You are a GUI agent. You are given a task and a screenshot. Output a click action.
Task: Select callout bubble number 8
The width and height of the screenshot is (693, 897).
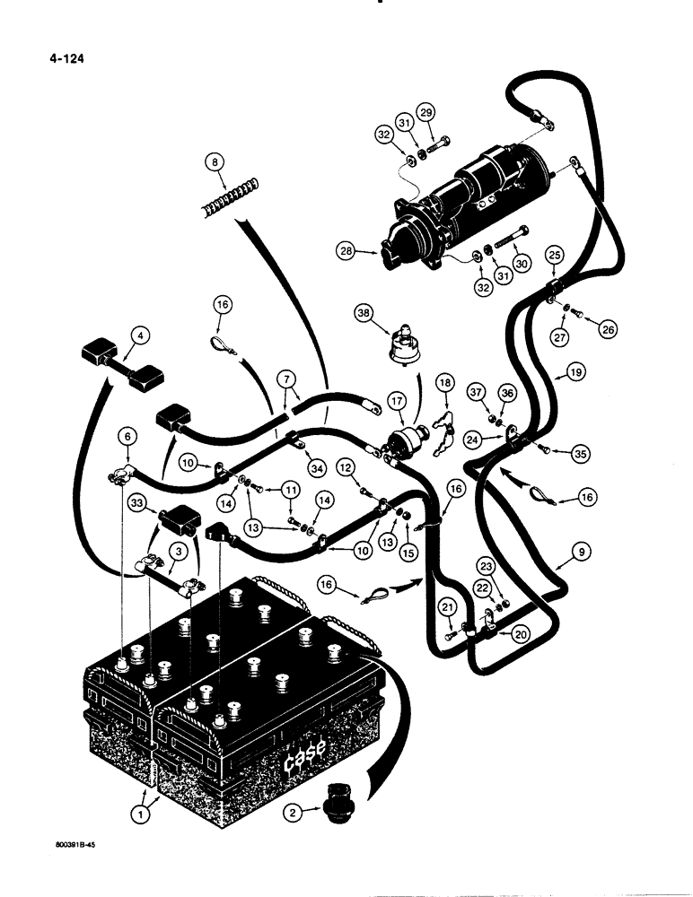213,163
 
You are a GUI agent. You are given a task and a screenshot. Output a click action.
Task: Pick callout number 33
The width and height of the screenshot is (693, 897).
137,505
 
